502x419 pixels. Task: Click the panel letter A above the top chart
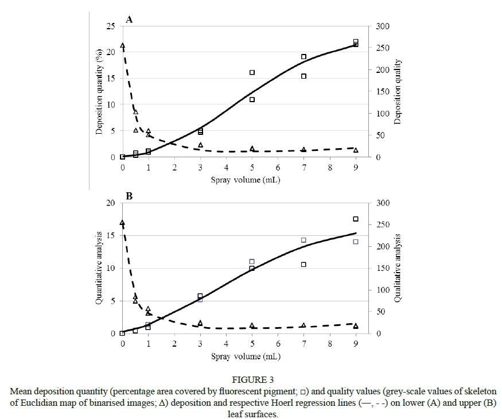130,20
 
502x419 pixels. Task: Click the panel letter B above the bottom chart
130,196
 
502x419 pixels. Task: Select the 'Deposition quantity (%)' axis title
99,91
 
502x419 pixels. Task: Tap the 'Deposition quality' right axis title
398,92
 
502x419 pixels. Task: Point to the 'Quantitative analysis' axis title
99,268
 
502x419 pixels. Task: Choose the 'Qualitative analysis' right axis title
398,268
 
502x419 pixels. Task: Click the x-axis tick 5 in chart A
252,167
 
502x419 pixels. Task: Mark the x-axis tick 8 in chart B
330,344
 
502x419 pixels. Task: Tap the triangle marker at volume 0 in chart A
123,45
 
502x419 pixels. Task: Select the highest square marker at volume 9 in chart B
356,219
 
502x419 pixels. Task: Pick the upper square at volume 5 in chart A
252,72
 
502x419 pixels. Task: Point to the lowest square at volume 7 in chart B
303,265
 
